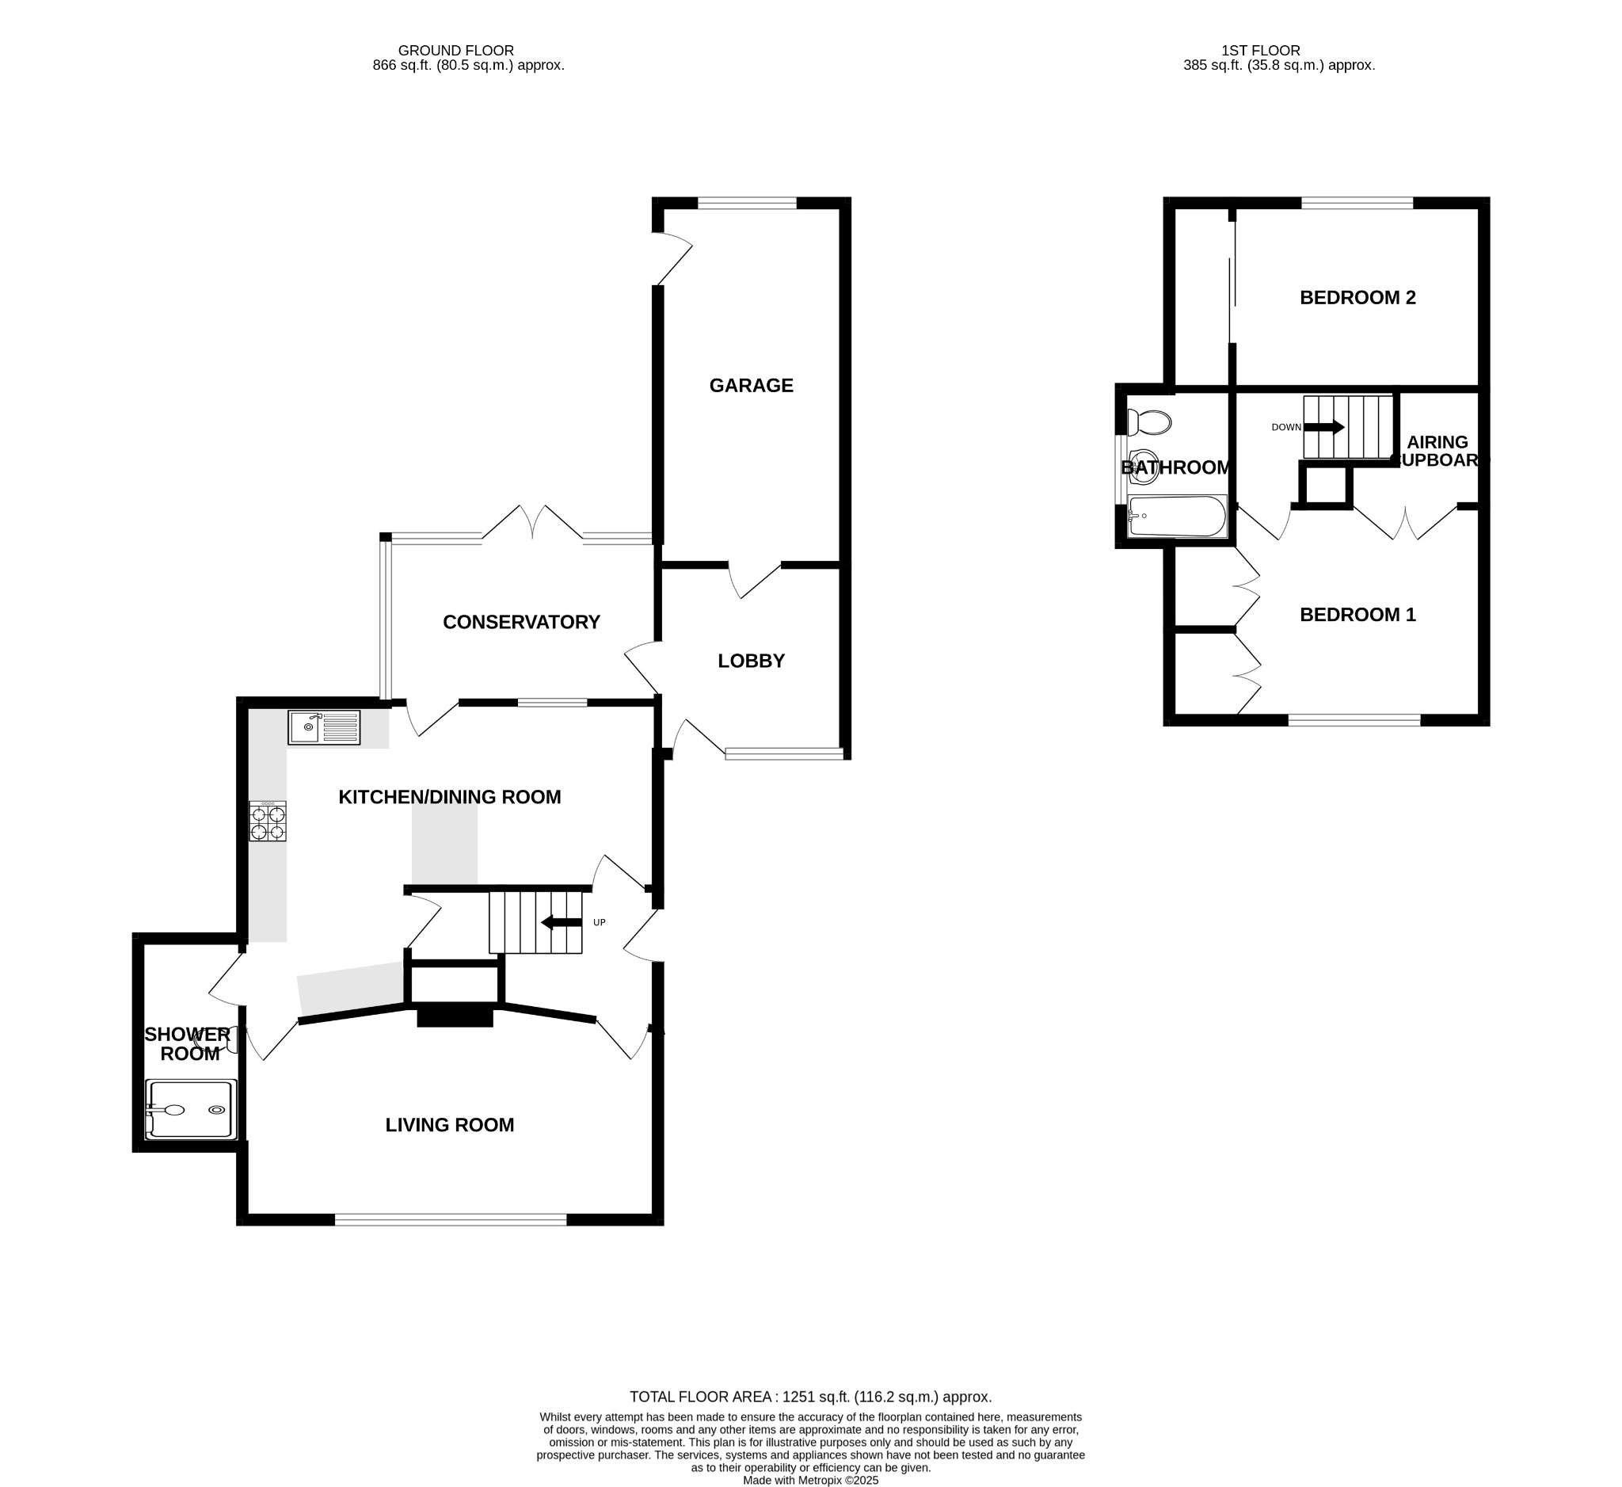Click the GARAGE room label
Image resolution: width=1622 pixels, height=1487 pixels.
point(751,386)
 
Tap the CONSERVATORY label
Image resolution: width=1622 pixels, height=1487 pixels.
point(521,622)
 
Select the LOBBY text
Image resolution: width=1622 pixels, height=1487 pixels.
point(751,661)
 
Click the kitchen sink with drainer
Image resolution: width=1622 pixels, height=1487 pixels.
point(324,727)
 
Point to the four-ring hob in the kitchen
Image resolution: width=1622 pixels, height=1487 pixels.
point(267,822)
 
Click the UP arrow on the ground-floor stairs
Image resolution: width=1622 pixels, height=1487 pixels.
point(562,922)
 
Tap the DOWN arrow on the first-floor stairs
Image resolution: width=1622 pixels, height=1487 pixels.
point(1324,427)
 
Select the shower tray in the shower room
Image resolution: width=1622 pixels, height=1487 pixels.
point(192,1110)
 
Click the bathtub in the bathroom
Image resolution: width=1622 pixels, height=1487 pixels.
point(1177,516)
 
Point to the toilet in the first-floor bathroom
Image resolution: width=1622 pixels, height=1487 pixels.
point(1149,421)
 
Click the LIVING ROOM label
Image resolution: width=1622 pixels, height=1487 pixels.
point(449,1125)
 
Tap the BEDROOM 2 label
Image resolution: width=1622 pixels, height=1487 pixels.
point(1357,298)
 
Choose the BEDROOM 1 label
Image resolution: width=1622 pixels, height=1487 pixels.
point(1357,615)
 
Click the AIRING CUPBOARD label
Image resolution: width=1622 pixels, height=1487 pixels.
point(1437,452)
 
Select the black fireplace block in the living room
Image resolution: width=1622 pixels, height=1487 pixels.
point(455,1016)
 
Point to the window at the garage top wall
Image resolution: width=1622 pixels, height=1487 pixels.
point(747,204)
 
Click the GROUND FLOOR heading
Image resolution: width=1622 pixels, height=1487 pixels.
point(455,51)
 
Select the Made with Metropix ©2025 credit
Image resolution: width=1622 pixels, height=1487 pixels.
point(810,1480)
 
